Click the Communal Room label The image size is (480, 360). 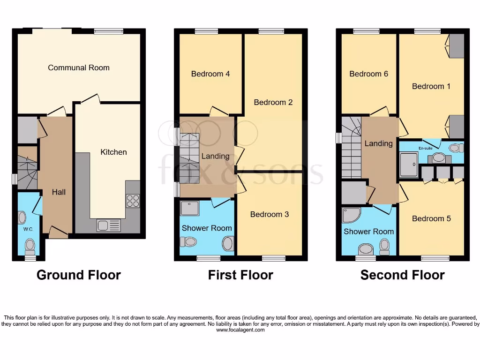79,67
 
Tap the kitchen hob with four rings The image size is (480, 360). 133,201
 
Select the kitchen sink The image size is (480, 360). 108,225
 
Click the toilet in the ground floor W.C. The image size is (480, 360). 30,245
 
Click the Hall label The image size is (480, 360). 59,192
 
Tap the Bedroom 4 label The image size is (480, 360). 210,74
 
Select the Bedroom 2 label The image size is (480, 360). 273,102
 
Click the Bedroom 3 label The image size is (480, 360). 270,214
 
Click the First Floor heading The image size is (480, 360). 240,275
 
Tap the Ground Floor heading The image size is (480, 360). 79,275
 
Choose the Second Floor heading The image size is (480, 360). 402,275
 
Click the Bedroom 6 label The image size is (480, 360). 369,74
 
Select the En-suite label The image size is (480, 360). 426,148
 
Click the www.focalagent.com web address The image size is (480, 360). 240,330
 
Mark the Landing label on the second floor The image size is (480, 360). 378,143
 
